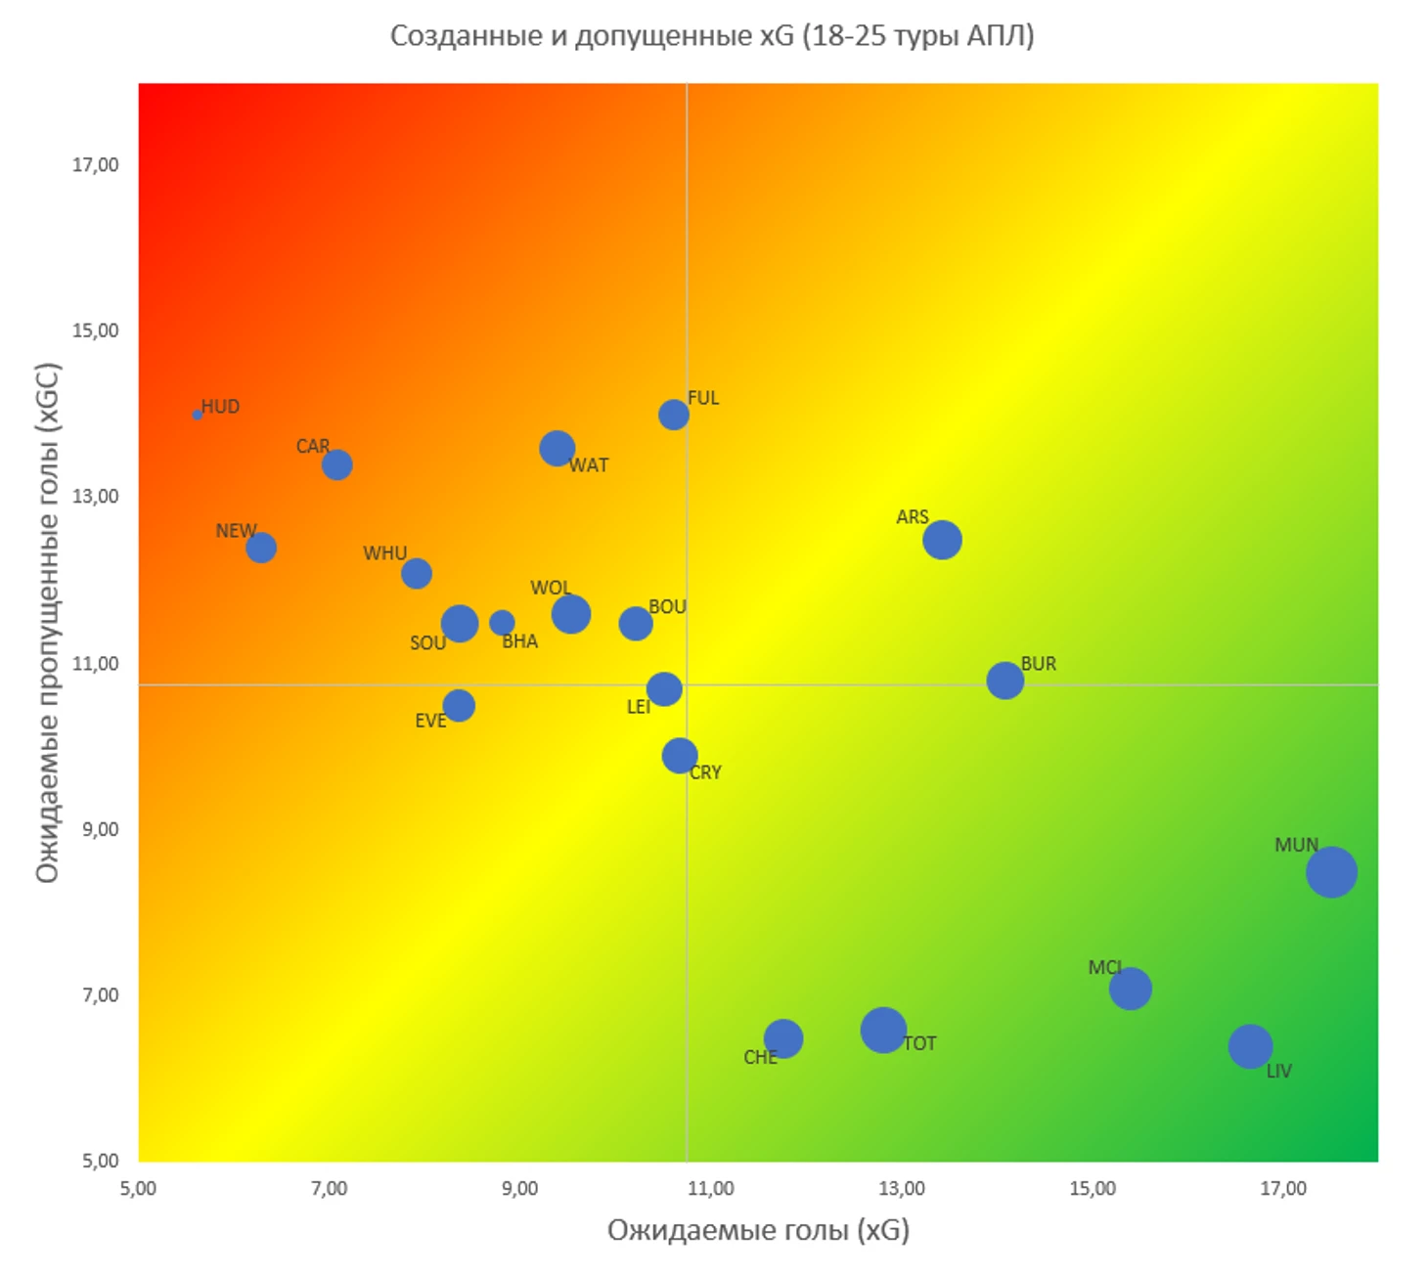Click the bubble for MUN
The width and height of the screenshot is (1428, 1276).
(1331, 871)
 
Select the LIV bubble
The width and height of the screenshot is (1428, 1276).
(1250, 1046)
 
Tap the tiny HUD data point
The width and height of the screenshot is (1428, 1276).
(198, 415)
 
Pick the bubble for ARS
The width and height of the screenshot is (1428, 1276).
(942, 540)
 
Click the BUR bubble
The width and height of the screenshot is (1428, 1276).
(1004, 680)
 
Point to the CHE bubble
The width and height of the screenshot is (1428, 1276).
(782, 1038)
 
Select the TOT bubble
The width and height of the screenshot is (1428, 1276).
(883, 1030)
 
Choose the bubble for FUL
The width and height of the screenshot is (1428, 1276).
(673, 415)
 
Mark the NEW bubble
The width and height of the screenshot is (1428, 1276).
(260, 548)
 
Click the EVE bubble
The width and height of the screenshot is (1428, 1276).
(459, 705)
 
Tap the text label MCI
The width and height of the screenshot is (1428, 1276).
(1105, 967)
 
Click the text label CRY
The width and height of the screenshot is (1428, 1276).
(705, 772)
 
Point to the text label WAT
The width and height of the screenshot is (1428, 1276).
(589, 465)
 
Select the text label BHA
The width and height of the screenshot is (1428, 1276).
(519, 641)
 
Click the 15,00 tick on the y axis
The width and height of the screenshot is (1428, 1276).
(95, 330)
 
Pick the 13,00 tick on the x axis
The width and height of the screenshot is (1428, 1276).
(901, 1188)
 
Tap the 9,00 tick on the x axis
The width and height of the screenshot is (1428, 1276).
(519, 1188)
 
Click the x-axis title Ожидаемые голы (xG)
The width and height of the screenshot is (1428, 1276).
(758, 1230)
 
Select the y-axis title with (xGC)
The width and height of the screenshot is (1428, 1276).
(48, 623)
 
